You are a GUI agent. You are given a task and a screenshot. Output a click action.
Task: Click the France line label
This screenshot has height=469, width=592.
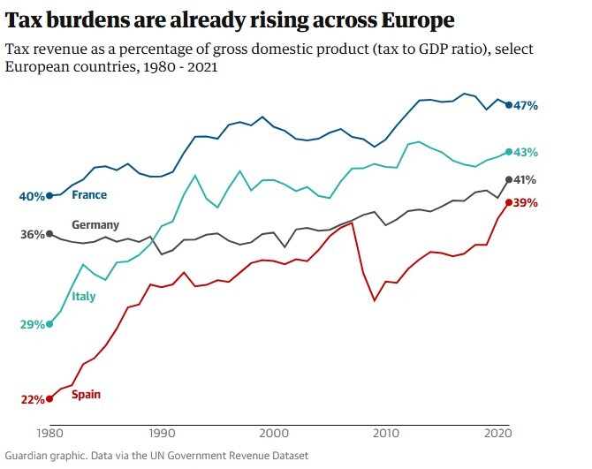click(x=89, y=195)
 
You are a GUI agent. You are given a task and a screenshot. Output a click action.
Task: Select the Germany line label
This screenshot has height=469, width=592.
click(x=95, y=225)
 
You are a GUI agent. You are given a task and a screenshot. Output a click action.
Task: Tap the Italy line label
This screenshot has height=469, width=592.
click(x=84, y=297)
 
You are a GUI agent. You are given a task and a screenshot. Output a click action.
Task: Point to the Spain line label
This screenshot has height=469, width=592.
click(x=86, y=394)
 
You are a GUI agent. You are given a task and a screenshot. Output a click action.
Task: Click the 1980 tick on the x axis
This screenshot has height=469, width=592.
click(x=49, y=435)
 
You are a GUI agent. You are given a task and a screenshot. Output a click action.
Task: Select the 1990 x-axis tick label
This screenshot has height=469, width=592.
click(x=162, y=435)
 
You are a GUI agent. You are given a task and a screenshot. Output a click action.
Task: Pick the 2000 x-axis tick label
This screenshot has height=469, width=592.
click(x=274, y=435)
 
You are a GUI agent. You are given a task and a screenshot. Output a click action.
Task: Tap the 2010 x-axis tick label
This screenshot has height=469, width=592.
click(x=386, y=435)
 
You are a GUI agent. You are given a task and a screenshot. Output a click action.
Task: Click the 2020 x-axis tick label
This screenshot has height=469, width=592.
click(x=498, y=435)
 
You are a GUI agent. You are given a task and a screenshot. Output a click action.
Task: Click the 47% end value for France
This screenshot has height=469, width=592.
click(x=526, y=106)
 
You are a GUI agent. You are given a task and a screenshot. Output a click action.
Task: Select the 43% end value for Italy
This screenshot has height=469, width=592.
click(x=526, y=153)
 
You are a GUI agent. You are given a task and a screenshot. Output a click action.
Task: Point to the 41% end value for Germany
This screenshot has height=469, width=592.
click(x=526, y=180)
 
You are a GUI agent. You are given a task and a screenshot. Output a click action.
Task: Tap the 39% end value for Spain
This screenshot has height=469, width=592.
click(x=526, y=203)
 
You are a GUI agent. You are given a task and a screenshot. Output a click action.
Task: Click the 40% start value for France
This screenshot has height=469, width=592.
click(x=33, y=196)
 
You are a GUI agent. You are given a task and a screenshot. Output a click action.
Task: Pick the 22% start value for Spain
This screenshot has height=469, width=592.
click(x=33, y=400)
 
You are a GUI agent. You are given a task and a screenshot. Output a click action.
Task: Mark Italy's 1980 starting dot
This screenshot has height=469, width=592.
click(x=49, y=324)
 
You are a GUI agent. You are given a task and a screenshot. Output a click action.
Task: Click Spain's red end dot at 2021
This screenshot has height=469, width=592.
click(x=509, y=202)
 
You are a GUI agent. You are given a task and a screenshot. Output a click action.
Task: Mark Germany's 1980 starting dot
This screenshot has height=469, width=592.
click(x=49, y=234)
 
